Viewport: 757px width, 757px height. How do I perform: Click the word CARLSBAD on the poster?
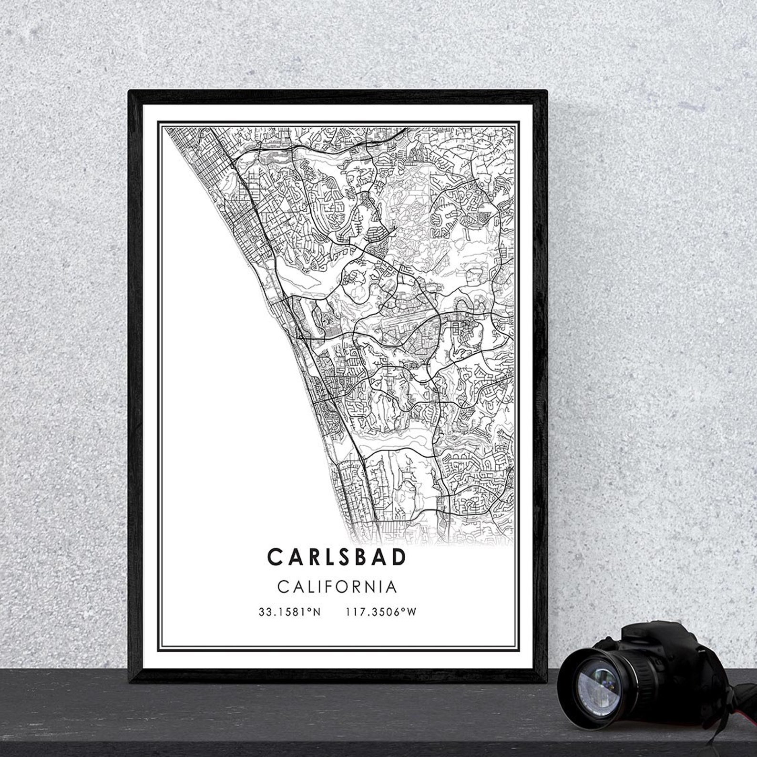[337, 556]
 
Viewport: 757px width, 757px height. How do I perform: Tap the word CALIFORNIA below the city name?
[337, 586]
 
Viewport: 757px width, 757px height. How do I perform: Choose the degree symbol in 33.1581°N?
[309, 610]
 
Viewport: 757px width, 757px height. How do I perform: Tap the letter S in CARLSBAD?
[337, 556]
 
